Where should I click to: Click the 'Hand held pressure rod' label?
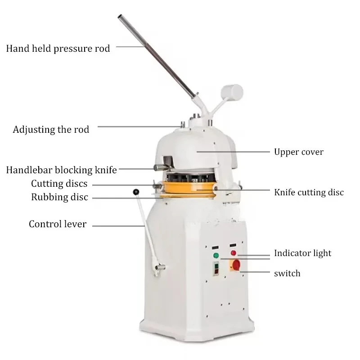(58, 49)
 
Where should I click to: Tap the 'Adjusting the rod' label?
(51, 130)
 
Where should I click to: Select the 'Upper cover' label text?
(299, 152)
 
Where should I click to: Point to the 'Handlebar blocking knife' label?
(61, 170)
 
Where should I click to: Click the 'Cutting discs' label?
(59, 184)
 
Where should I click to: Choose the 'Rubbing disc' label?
(59, 197)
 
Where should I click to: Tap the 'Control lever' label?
(58, 224)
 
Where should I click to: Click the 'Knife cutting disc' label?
(309, 193)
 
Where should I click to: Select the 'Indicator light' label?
(302, 253)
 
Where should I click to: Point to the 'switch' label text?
(287, 274)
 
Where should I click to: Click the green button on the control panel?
(216, 255)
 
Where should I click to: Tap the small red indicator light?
(233, 253)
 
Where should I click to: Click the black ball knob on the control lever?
(136, 192)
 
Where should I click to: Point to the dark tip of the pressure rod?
(120, 17)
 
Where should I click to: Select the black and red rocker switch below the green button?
(216, 269)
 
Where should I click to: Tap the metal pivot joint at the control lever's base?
(160, 267)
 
